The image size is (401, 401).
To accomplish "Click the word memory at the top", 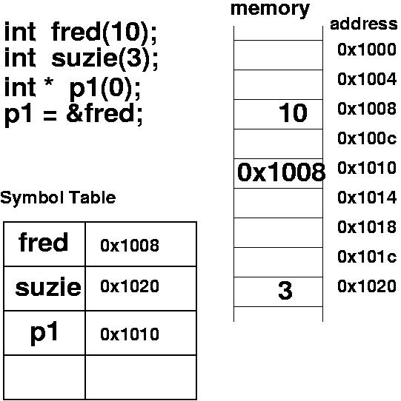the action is click(270, 10).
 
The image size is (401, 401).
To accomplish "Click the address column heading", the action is click(364, 24).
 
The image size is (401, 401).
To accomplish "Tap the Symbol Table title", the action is click(58, 198).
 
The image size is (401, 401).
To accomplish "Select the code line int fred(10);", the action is click(81, 32).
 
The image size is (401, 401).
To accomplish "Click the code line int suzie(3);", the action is click(82, 58).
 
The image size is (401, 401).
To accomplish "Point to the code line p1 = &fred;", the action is click(73, 115).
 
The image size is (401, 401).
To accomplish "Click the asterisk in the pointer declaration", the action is click(49, 82).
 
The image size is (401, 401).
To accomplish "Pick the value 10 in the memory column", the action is click(293, 112).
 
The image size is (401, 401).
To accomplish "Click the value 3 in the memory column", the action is click(285, 290).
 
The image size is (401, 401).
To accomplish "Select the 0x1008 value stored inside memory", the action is click(282, 172).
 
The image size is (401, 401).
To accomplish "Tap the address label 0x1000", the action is click(367, 50).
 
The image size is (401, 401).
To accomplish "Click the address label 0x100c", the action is click(367, 138).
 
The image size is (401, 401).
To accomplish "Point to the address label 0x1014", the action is click(367, 198).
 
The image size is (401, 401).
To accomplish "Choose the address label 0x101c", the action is click(367, 257).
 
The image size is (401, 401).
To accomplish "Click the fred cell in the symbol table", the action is click(44, 242).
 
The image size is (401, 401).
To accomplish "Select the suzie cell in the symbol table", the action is click(48, 287).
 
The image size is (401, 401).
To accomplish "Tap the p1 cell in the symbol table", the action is click(44, 333).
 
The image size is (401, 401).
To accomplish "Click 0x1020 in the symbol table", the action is click(130, 286).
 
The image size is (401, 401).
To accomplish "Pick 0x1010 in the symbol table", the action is click(130, 334).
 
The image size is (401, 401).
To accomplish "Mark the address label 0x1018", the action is click(367, 227).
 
